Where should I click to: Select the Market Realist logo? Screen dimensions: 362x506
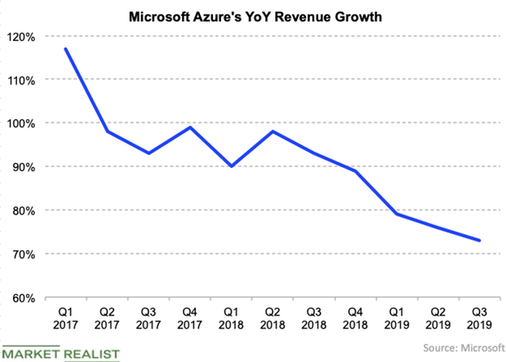(x=61, y=353)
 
